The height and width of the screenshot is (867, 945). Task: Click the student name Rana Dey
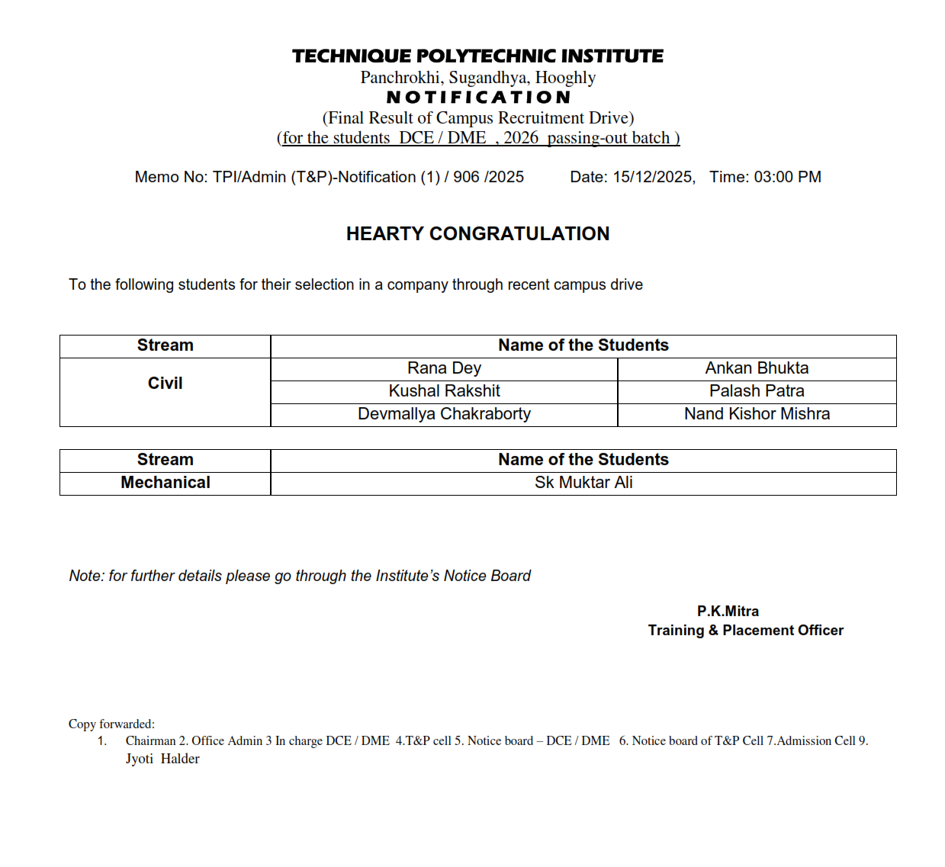tap(444, 368)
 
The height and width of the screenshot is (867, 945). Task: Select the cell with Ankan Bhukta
tap(757, 368)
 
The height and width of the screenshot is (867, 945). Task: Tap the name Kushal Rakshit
tap(444, 391)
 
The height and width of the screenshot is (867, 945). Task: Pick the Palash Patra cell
tap(757, 391)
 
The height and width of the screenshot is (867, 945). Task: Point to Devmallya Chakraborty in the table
tap(444, 414)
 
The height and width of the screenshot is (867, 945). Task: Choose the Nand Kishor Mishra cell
tap(757, 414)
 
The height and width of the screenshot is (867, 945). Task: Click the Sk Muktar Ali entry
tap(583, 483)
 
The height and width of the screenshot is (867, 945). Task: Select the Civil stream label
tap(165, 384)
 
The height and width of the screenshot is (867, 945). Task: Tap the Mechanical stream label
tap(165, 483)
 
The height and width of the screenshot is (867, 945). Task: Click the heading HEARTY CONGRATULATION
tap(477, 234)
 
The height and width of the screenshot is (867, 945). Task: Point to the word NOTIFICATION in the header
tap(478, 98)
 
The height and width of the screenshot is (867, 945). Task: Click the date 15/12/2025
tap(653, 177)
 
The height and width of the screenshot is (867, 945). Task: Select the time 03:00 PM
tap(787, 177)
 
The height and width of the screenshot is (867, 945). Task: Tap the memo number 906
tap(465, 177)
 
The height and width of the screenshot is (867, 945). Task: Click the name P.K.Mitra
tap(728, 612)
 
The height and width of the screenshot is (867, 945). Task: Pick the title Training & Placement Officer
tap(745, 631)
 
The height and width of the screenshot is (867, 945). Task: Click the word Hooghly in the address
tap(565, 78)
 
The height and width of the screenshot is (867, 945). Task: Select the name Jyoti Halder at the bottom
tap(162, 759)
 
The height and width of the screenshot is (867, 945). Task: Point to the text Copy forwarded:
tap(111, 724)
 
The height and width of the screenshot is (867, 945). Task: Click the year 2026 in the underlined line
tap(521, 138)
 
